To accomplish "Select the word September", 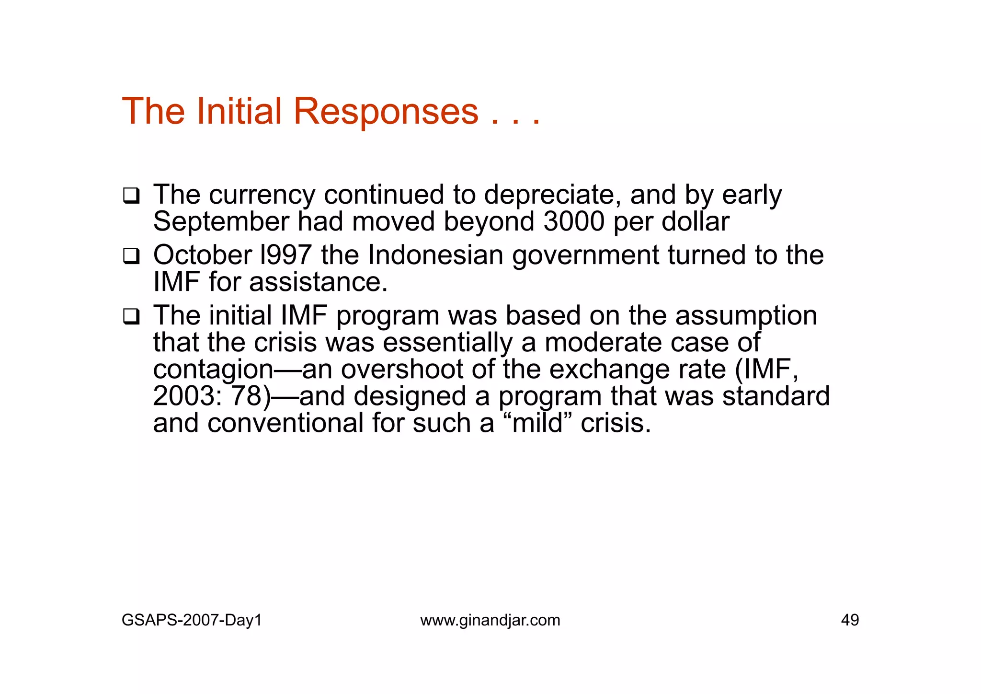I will click(221, 222).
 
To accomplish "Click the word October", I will click(202, 255).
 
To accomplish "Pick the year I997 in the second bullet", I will click(285, 255).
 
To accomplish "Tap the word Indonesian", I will click(435, 255).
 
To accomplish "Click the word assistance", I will click(318, 282).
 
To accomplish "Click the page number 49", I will click(850, 620).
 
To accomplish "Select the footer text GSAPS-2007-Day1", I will click(192, 620).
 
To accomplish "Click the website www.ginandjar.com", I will click(490, 620).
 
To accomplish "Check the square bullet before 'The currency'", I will click(131, 196).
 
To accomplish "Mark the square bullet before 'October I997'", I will click(131, 256).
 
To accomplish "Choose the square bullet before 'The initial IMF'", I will click(131, 317).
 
